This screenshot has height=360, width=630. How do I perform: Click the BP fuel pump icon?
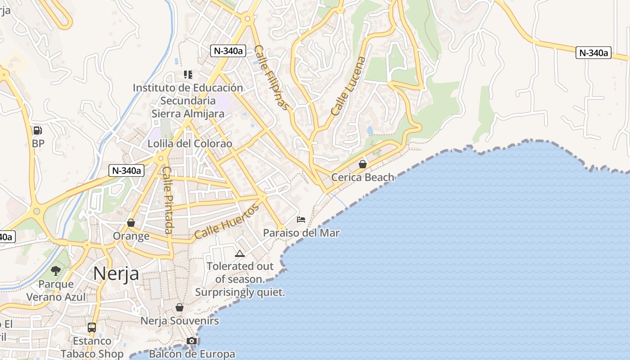click(38, 130)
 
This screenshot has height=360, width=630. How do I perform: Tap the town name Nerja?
click(116, 274)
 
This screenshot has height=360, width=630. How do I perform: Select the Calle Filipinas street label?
click(271, 77)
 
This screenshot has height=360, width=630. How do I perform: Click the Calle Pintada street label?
click(167, 200)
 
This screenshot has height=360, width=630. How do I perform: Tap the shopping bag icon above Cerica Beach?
click(363, 164)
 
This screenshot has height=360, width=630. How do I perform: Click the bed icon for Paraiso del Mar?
click(301, 220)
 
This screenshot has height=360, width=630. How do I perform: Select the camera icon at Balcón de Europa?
click(192, 341)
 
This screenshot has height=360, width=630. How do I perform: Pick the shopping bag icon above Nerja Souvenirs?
click(180, 307)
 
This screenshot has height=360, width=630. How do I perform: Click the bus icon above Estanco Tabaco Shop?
click(92, 327)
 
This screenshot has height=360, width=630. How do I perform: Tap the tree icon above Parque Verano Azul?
click(56, 270)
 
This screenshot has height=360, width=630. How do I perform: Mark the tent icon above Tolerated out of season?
click(240, 253)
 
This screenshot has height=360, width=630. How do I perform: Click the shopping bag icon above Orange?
click(131, 223)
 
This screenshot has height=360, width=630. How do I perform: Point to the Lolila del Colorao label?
click(190, 144)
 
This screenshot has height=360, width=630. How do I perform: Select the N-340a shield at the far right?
click(593, 53)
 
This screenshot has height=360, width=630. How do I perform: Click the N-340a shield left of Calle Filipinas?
click(228, 51)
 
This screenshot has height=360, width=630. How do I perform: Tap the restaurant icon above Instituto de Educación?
click(188, 74)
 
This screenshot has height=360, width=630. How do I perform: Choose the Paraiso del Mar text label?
click(301, 233)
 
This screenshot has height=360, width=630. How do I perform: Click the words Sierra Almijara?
click(188, 114)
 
